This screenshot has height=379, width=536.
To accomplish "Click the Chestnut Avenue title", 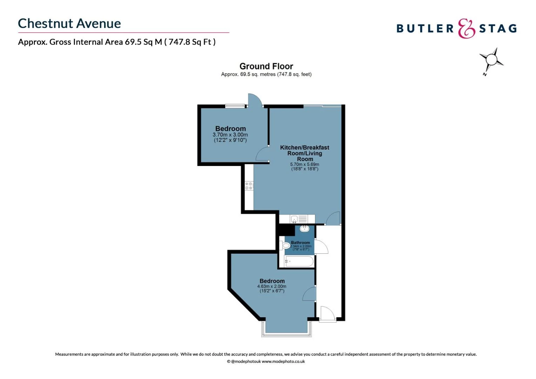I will pyautogui.click(x=69, y=24).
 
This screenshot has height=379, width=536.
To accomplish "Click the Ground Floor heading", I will pyautogui.click(x=266, y=66).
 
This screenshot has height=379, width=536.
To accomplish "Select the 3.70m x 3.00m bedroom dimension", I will pyautogui.click(x=230, y=135).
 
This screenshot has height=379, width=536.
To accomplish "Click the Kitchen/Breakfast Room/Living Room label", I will pyautogui.click(x=304, y=153).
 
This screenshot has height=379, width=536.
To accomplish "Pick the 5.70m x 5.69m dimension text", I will pyautogui.click(x=304, y=164).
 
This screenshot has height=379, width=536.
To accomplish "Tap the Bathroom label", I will pyautogui.click(x=300, y=242).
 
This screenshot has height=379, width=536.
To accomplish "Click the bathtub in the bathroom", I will pyautogui.click(x=299, y=261).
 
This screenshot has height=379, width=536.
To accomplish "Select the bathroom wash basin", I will pyautogui.click(x=304, y=229).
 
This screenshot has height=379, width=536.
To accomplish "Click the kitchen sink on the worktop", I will pyautogui.click(x=294, y=219).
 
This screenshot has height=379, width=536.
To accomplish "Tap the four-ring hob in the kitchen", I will pyautogui.click(x=249, y=186).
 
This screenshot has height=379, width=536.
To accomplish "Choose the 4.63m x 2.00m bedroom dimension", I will pyautogui.click(x=272, y=286).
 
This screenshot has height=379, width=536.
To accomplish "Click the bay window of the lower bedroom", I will pyautogui.click(x=287, y=334).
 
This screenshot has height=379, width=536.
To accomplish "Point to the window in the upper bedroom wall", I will pyautogui.click(x=235, y=105).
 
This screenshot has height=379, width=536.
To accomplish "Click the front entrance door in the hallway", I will pyautogui.click(x=328, y=314).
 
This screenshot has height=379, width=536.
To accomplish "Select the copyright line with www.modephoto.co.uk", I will pyautogui.click(x=266, y=361).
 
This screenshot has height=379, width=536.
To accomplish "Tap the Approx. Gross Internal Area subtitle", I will pyautogui.click(x=117, y=42).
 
